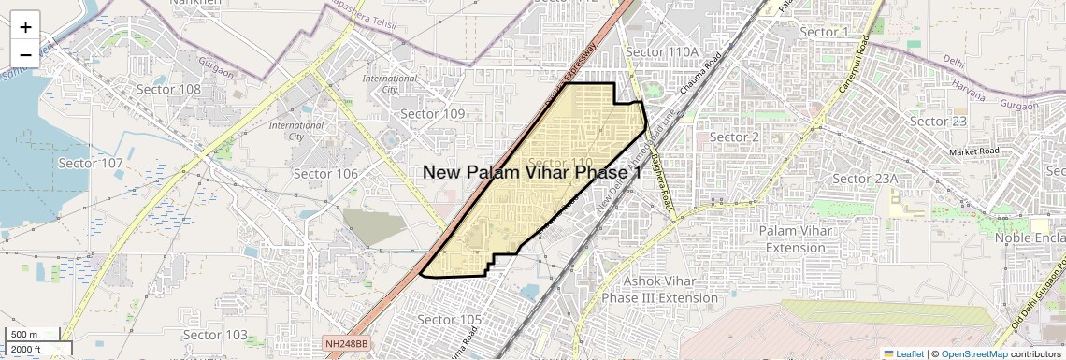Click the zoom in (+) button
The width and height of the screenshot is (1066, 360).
pyautogui.click(x=25, y=27)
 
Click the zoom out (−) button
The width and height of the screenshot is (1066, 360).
pyautogui.click(x=25, y=54)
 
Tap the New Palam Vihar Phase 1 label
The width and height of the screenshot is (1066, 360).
pyautogui.click(x=532, y=172)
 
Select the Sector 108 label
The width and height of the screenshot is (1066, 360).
pyautogui.click(x=169, y=90)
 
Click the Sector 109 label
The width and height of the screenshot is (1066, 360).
pyautogui.click(x=433, y=114)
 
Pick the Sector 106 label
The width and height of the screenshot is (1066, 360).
pyautogui.click(x=325, y=174)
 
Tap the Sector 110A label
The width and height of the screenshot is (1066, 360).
pyautogui.click(x=663, y=51)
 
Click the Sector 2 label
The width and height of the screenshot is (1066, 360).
pyautogui.click(x=734, y=137)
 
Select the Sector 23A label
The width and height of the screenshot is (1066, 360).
pyautogui.click(x=865, y=179)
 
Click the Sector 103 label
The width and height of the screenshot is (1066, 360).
pyautogui.click(x=215, y=335)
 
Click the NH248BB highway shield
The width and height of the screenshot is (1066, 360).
pyautogui.click(x=348, y=344)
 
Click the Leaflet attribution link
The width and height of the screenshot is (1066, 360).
pyautogui.click(x=904, y=353)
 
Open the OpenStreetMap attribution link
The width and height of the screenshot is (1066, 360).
pyautogui.click(x=973, y=353)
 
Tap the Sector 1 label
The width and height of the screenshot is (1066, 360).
pyautogui.click(x=826, y=33)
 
